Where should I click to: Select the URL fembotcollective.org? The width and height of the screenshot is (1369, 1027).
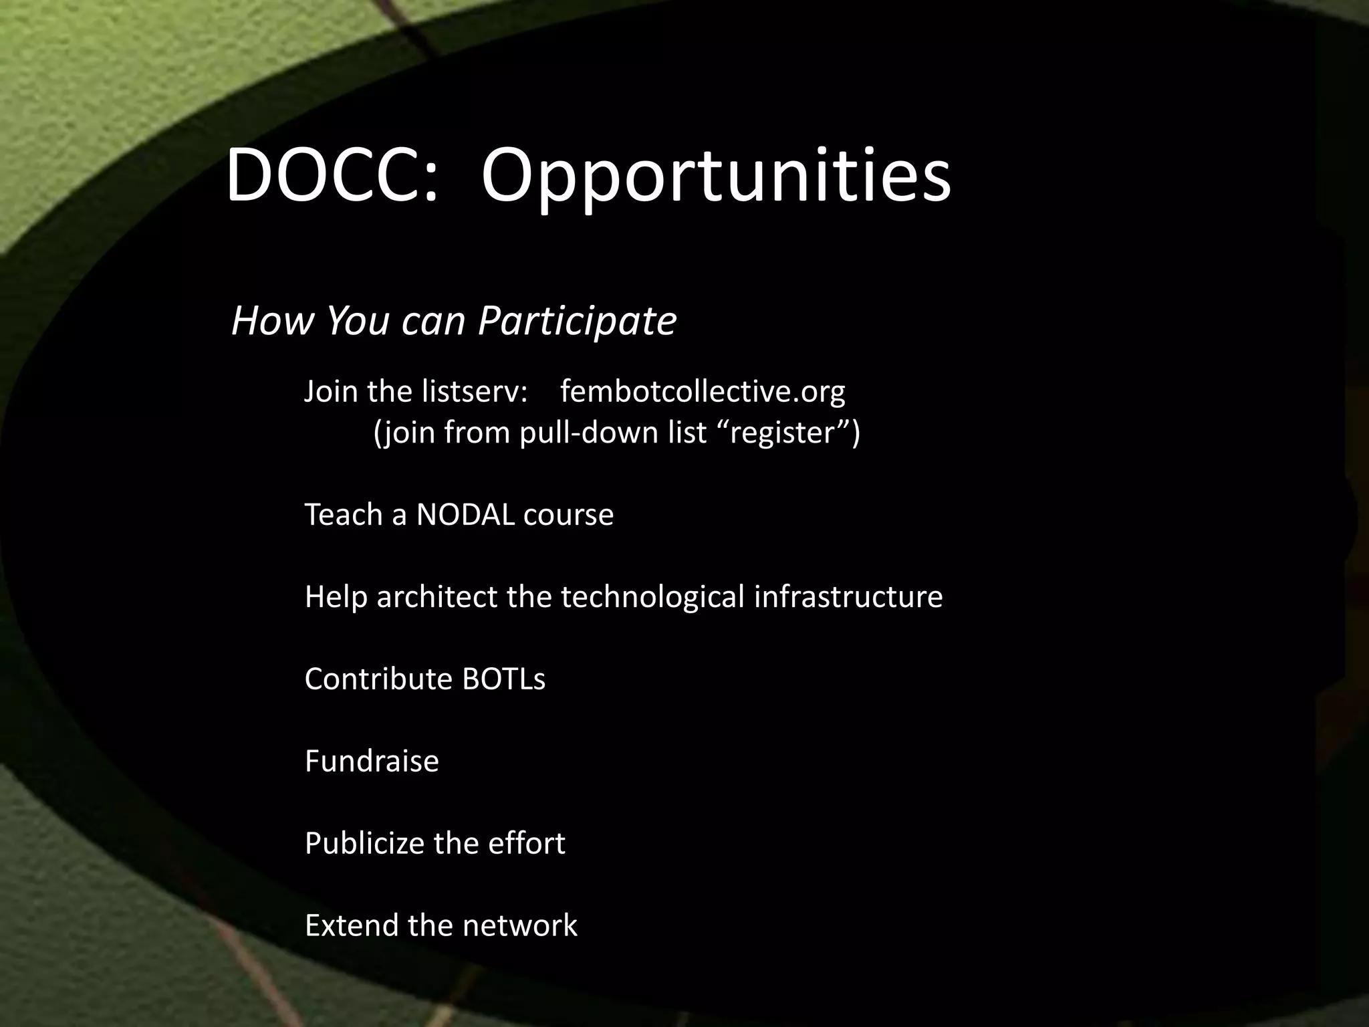coord(703,392)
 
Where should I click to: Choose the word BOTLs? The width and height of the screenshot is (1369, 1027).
coord(503,679)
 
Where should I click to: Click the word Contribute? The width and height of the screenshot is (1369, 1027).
coord(378,679)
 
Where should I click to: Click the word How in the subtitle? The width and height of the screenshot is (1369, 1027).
coord(271,321)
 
